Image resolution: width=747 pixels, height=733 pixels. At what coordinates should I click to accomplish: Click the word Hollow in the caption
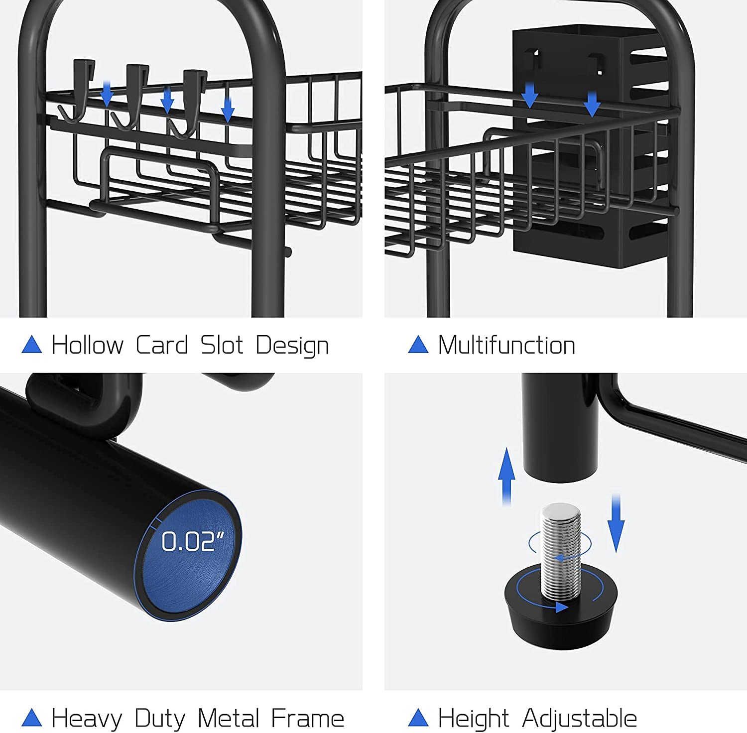click(88, 345)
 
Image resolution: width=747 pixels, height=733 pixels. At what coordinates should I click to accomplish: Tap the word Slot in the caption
click(222, 345)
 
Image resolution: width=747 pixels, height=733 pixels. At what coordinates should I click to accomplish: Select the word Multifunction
click(506, 345)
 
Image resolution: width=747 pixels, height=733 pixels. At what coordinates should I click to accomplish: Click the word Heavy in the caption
click(87, 719)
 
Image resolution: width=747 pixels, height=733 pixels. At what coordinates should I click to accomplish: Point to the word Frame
click(308, 718)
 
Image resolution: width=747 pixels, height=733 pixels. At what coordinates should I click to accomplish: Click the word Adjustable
click(580, 719)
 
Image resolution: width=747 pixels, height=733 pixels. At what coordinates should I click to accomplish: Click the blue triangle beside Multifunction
click(418, 345)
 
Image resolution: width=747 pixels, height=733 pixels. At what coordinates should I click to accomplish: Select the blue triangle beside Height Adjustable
click(418, 718)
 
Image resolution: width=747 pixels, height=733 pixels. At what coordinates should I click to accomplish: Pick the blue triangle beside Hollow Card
click(32, 345)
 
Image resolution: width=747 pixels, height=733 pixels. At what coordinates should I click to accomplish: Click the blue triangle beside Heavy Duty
click(32, 718)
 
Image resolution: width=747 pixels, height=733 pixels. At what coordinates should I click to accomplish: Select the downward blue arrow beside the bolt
click(616, 523)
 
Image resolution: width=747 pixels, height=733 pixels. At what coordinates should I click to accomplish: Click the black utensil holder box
click(590, 144)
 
